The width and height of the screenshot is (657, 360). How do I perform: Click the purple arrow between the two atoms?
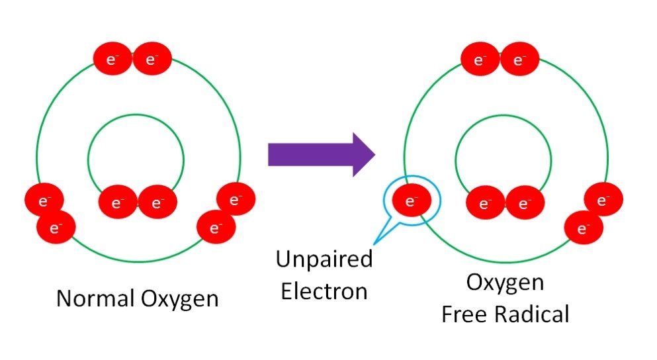tap(321, 154)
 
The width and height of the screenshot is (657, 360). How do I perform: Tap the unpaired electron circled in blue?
tap(411, 201)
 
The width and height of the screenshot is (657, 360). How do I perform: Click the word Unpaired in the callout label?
tap(324, 259)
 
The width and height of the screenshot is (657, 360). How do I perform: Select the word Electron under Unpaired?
tap(324, 291)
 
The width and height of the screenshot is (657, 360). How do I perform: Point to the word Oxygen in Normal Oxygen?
tap(179, 299)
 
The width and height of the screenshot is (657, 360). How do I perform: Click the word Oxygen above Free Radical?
tap(505, 283)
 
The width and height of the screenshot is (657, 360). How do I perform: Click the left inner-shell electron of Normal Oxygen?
tap(118, 202)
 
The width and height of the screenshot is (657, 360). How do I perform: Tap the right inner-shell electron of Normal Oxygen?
tap(157, 202)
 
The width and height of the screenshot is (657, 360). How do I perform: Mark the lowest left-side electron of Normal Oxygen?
tap(55, 228)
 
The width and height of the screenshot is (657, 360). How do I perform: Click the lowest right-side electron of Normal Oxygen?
tap(216, 228)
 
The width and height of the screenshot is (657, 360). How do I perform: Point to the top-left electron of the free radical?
tap(480, 60)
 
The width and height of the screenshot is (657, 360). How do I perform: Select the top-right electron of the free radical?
tap(519, 60)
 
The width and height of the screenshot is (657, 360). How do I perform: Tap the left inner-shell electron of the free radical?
tap(486, 202)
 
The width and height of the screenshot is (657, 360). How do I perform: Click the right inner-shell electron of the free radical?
tap(525, 202)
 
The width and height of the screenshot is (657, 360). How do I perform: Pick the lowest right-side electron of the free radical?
tap(584, 228)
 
